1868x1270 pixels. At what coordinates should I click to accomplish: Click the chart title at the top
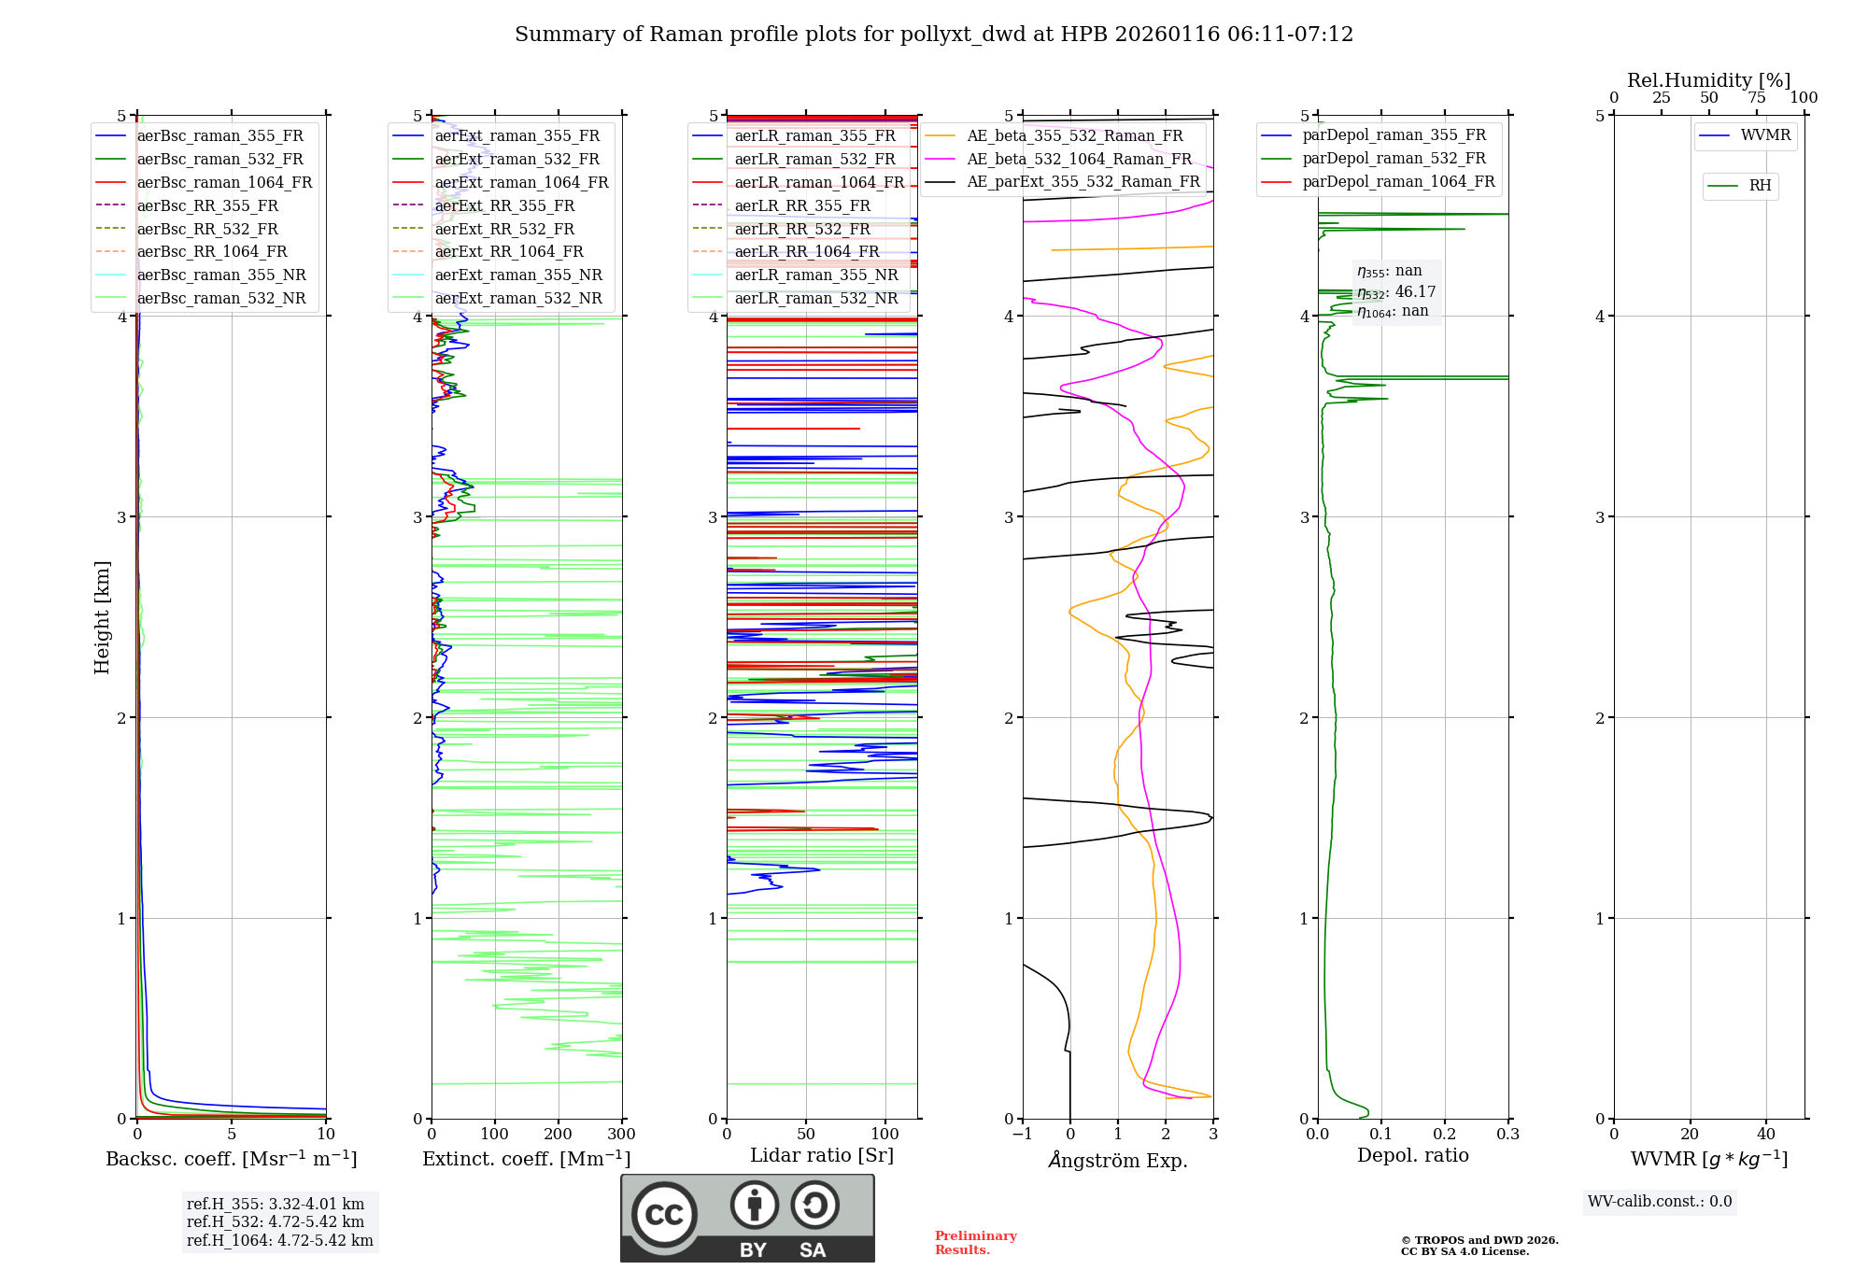pyautogui.click(x=934, y=35)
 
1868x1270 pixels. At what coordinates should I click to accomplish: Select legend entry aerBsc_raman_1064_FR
pyautogui.click(x=224, y=182)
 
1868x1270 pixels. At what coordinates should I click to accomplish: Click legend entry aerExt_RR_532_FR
pyautogui.click(x=504, y=229)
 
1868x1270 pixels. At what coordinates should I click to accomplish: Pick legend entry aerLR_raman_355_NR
pyautogui.click(x=816, y=275)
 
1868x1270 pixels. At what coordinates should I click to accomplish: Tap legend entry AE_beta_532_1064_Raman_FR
pyautogui.click(x=1079, y=159)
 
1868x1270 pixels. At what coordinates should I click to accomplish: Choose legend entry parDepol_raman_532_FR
pyautogui.click(x=1394, y=159)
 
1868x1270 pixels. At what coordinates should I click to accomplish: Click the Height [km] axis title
pyautogui.click(x=102, y=617)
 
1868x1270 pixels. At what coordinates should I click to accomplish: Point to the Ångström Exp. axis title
pyautogui.click(x=1118, y=1161)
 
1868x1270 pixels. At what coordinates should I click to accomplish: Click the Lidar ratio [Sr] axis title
pyautogui.click(x=822, y=1155)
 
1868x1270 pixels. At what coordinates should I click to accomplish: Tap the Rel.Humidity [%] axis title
pyautogui.click(x=1708, y=80)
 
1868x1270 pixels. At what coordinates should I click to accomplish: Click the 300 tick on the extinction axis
pyautogui.click(x=621, y=1135)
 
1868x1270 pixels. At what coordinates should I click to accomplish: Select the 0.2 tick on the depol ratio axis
pyautogui.click(x=1445, y=1135)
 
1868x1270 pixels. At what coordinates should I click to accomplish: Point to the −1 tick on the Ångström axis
pyautogui.click(x=1022, y=1135)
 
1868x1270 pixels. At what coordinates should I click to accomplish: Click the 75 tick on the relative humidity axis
pyautogui.click(x=1757, y=98)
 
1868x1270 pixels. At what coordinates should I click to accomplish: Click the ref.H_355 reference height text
pyautogui.click(x=276, y=1205)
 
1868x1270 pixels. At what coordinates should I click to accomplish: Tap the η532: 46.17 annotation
pyautogui.click(x=1396, y=292)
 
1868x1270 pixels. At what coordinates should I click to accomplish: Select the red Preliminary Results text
pyautogui.click(x=975, y=1243)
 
